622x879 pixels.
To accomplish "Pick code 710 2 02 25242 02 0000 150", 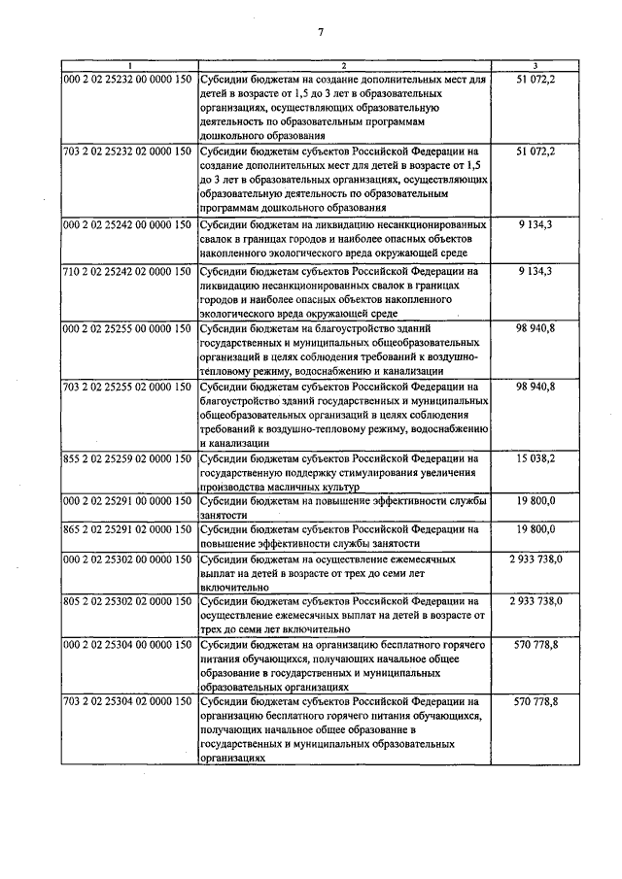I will point(127,271).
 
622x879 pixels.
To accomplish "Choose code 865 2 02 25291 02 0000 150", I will point(127,530).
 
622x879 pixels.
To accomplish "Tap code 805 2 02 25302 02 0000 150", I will point(127,603).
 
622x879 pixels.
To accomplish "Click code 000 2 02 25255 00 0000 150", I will point(127,329).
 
